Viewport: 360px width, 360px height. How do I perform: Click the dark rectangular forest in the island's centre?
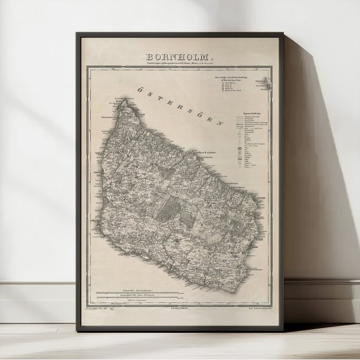(173, 204)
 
